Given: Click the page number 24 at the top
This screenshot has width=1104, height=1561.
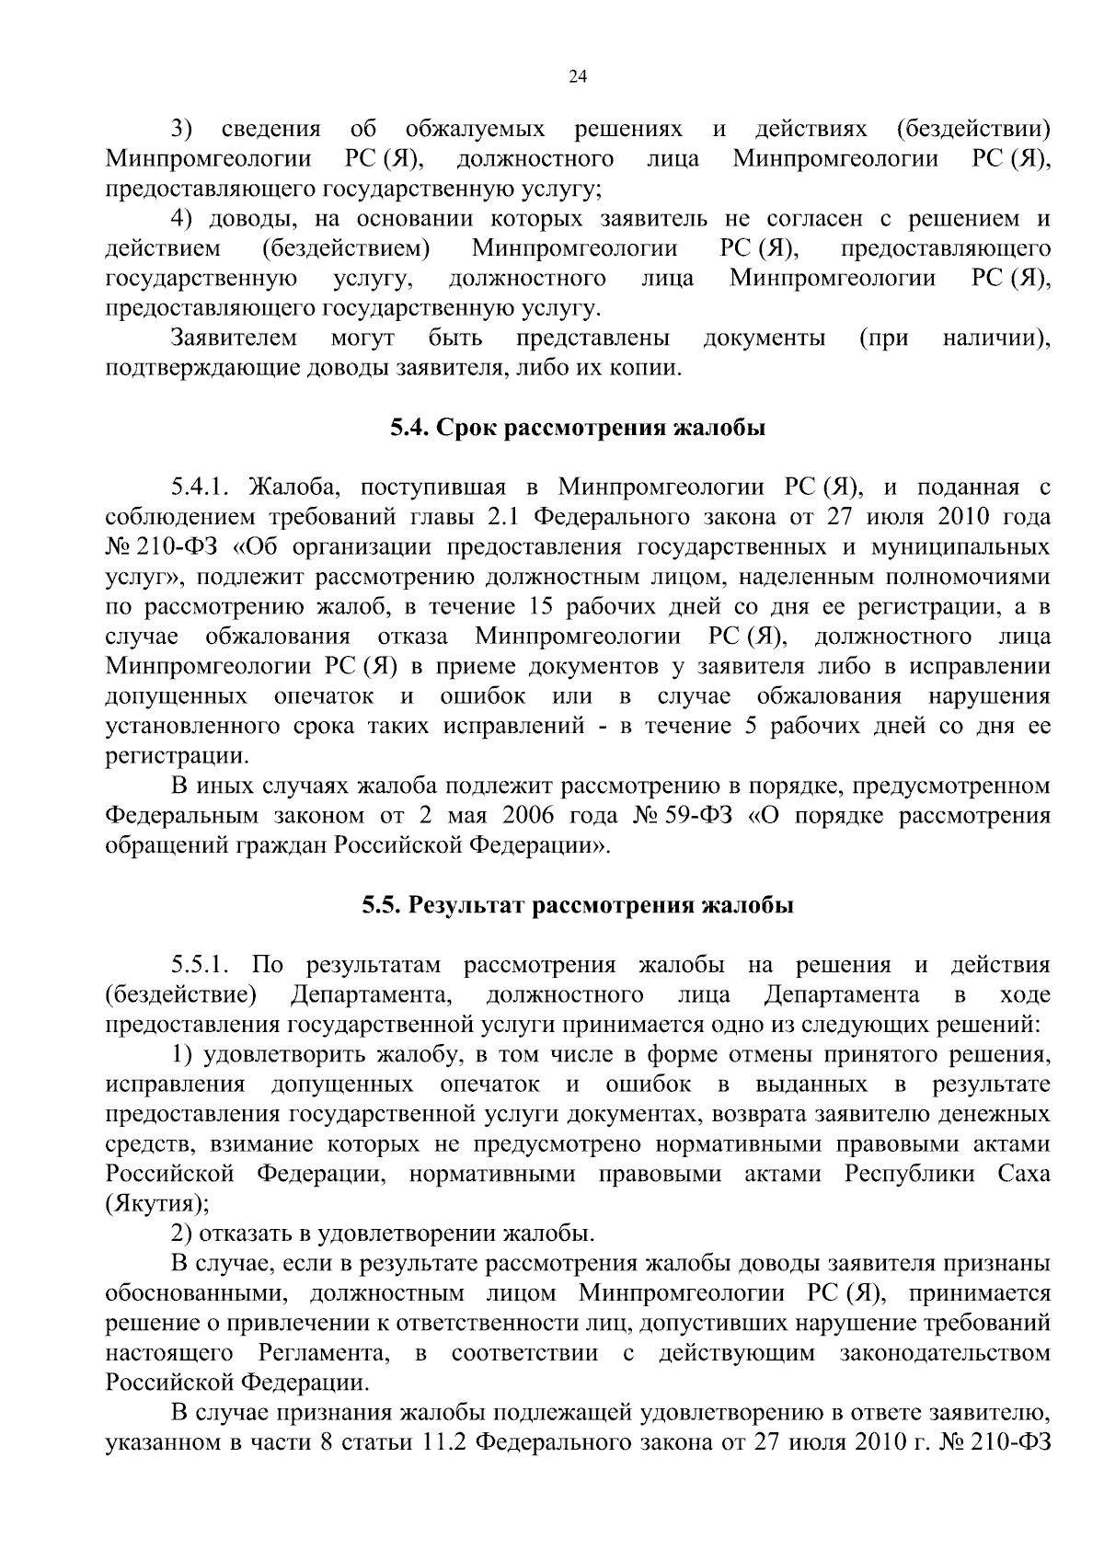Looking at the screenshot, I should pos(578,77).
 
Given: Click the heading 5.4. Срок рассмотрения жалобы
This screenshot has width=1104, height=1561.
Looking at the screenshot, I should pos(578,428).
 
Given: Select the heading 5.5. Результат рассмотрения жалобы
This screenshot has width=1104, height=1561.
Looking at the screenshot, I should pos(578,905).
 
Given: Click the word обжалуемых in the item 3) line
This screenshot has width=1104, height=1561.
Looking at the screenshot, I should pos(475,129).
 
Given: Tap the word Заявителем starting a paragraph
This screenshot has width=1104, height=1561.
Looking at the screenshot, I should pos(234,339).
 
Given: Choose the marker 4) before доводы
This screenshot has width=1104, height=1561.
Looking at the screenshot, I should pos(183,219).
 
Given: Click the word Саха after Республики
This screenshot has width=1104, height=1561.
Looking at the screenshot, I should pos(1023,1175).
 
